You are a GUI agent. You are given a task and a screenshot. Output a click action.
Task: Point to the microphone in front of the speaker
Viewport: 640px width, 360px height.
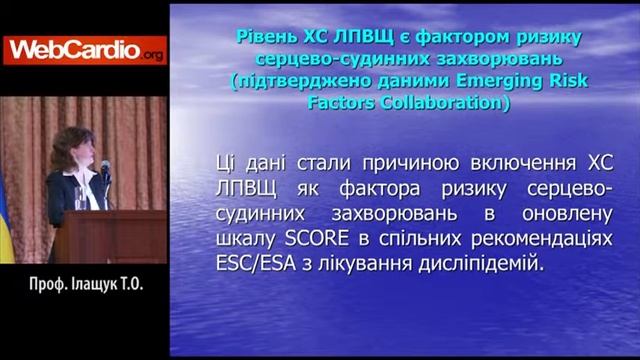tap(105, 169)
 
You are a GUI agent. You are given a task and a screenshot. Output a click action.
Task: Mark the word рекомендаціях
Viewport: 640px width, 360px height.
tap(540, 241)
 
